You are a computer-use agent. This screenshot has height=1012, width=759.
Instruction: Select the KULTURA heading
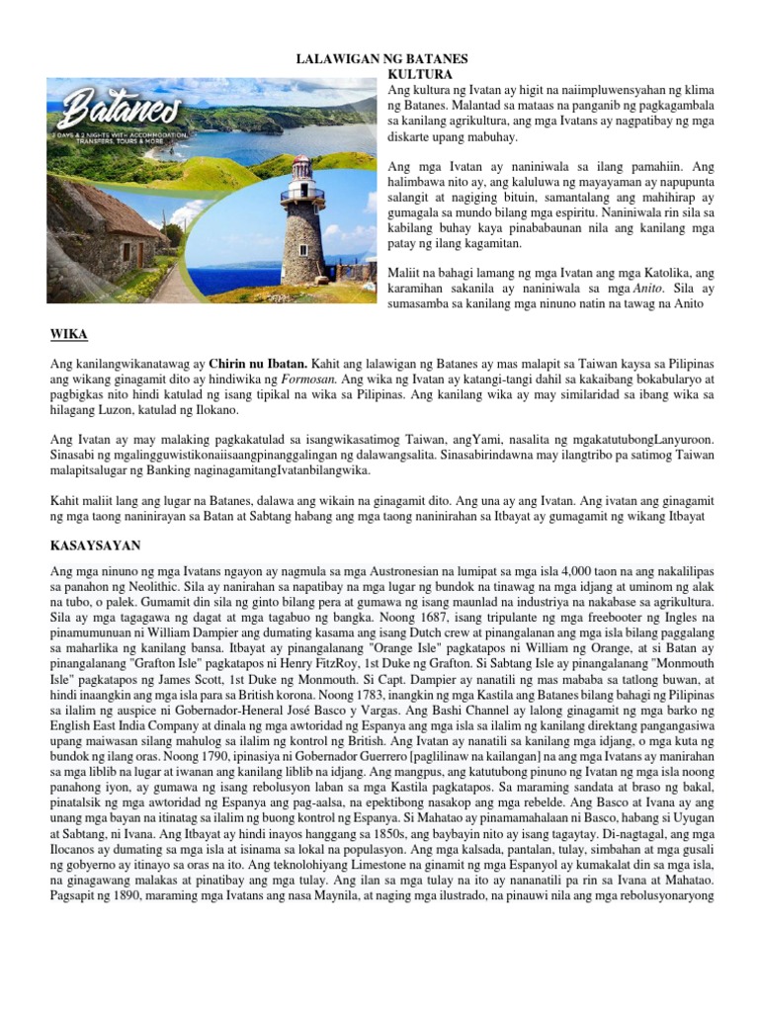[420, 74]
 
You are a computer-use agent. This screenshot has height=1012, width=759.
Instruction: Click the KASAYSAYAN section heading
[95, 545]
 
